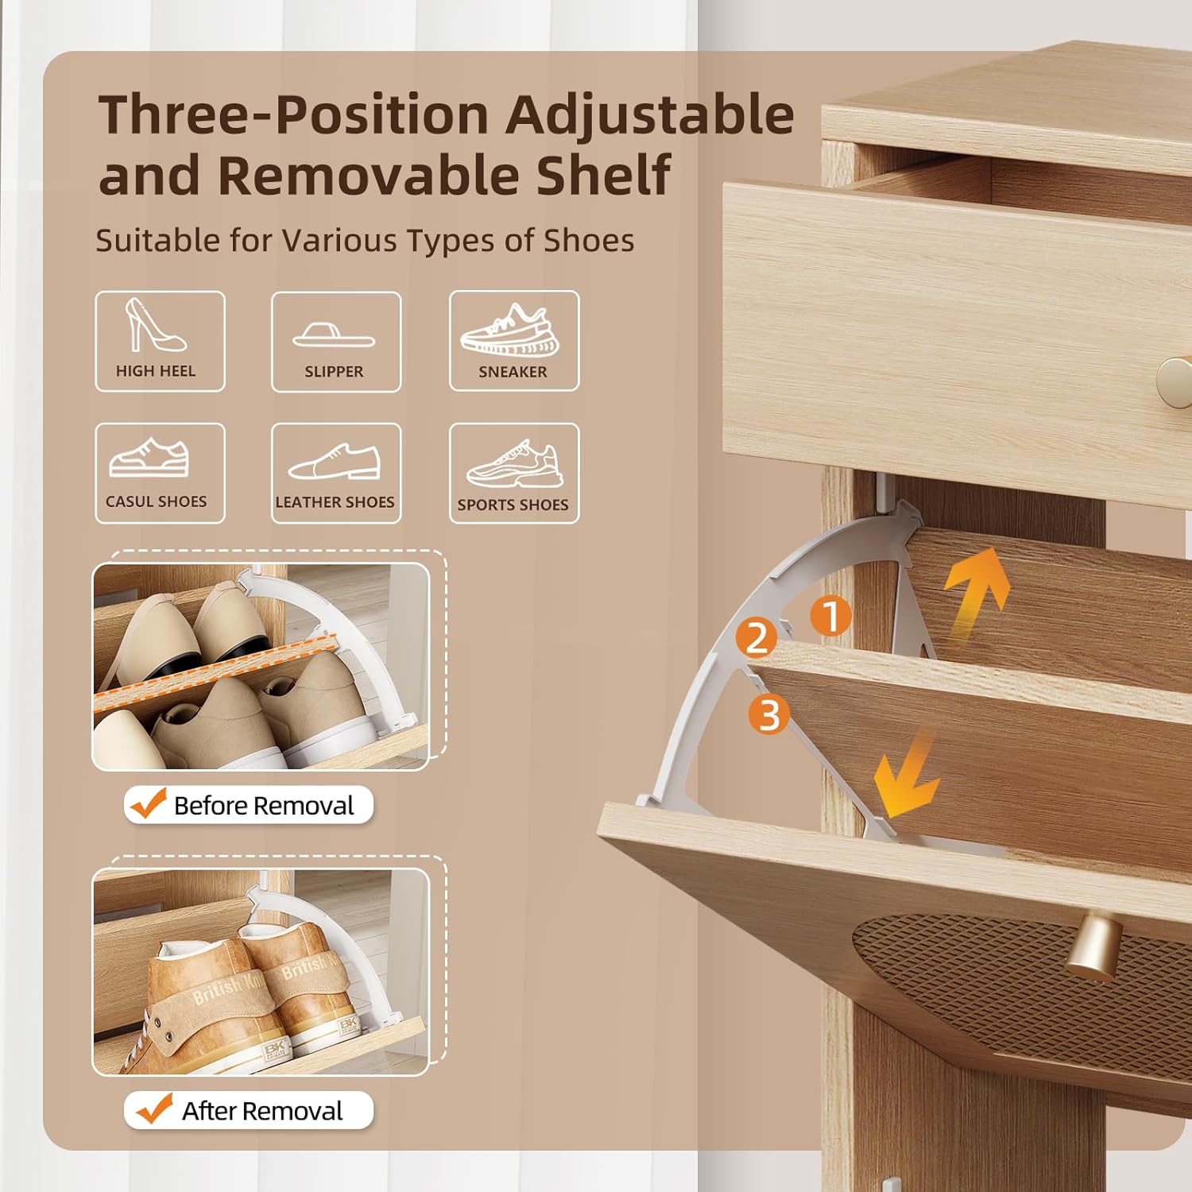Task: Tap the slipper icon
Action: pyautogui.click(x=334, y=335)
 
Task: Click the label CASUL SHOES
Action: pyautogui.click(x=156, y=501)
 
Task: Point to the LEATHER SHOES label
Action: pyautogui.click(x=335, y=502)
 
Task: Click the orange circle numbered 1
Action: pyautogui.click(x=830, y=617)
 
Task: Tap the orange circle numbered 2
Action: pyautogui.click(x=757, y=637)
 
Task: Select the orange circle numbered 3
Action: pyautogui.click(x=768, y=714)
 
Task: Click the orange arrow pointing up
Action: pyautogui.click(x=977, y=592)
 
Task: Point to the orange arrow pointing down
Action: pyautogui.click(x=906, y=775)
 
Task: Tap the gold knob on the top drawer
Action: pyautogui.click(x=1175, y=383)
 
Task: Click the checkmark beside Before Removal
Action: pyautogui.click(x=149, y=803)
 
